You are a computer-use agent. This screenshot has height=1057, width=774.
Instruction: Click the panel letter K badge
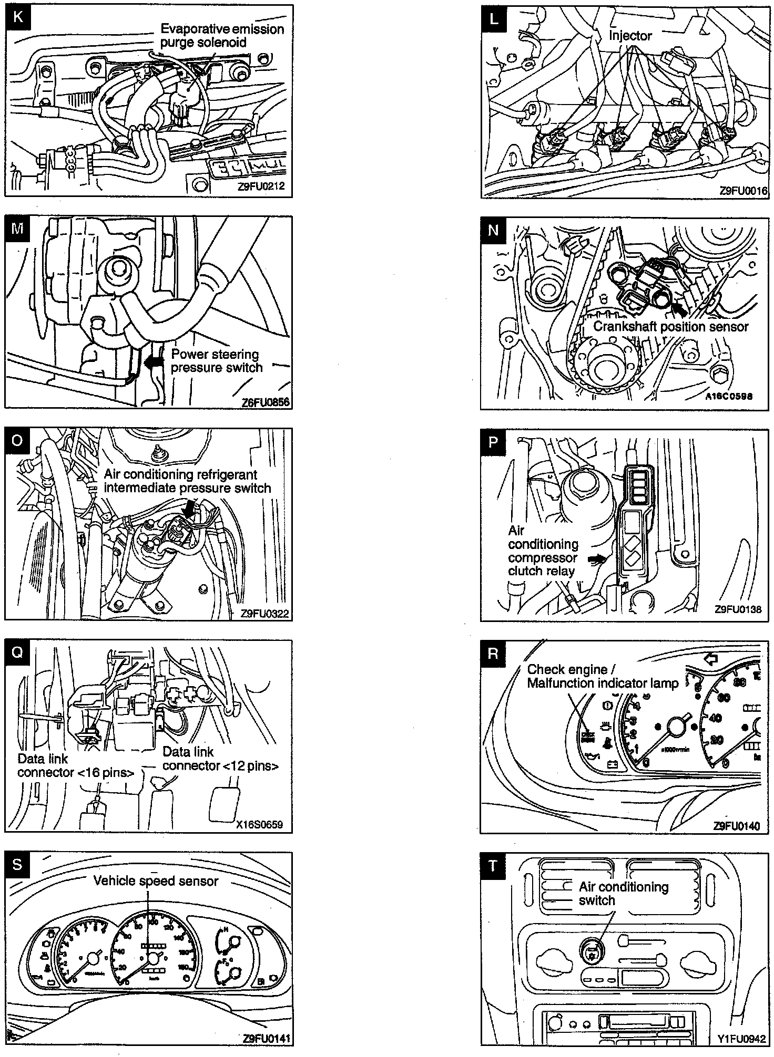coord(17,17)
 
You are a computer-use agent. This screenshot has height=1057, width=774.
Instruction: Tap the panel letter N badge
coord(493,230)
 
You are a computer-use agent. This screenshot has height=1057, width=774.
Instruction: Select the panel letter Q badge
coord(17,652)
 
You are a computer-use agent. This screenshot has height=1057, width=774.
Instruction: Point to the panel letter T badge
coord(493,865)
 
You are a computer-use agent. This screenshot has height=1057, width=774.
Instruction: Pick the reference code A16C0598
coord(729,396)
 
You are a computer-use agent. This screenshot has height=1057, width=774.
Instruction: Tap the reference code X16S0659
coord(259,824)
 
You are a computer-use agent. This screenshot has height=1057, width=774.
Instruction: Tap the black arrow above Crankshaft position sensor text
coord(678,310)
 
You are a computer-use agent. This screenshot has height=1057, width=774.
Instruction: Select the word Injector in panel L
coord(630,36)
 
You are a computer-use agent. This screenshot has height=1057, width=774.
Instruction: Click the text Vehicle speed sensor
coord(156,880)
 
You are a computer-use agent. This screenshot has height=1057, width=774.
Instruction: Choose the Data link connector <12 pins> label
coord(220,758)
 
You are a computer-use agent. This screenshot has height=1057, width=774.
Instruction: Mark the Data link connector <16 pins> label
coord(75,765)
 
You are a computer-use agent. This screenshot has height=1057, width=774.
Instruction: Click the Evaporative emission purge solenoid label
coord(222,35)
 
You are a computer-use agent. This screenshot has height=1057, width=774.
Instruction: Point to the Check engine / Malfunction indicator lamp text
coord(603,676)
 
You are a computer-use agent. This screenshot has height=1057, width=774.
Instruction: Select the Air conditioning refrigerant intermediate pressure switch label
coord(187,481)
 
